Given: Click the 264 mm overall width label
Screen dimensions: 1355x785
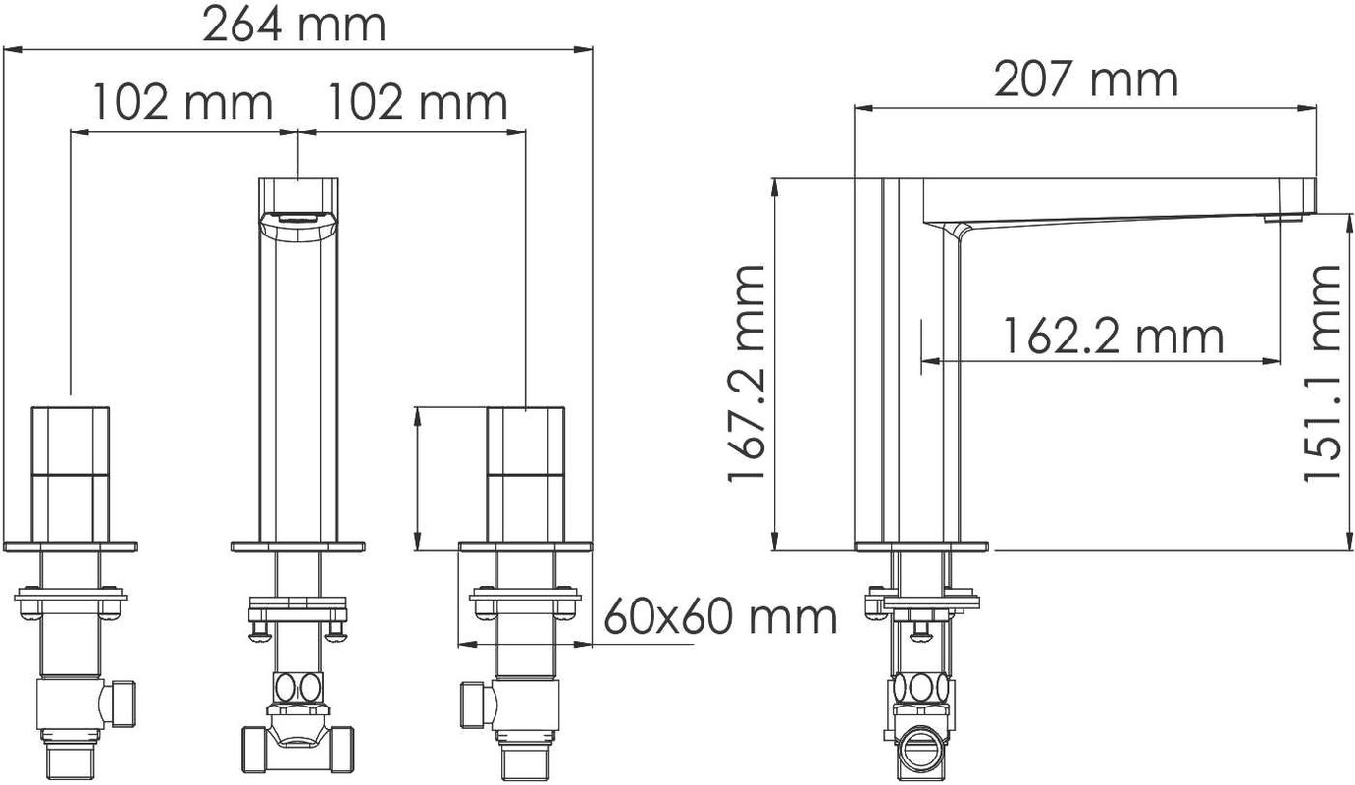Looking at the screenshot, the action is click(x=294, y=25).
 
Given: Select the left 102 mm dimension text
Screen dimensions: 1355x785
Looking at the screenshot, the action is click(x=183, y=103).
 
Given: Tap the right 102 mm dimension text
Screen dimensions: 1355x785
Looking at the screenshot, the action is click(x=417, y=103).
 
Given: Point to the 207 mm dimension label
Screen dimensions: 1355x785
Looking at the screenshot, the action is click(x=1086, y=79).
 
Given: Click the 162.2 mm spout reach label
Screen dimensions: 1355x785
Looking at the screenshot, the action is click(x=1114, y=337).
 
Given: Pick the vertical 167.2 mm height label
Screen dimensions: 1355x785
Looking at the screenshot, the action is click(x=746, y=373).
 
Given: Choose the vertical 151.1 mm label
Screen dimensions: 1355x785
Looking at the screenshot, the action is click(x=1322, y=373).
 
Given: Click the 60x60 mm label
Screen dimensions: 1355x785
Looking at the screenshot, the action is click(x=720, y=616).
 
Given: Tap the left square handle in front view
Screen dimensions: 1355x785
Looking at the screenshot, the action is click(x=71, y=474).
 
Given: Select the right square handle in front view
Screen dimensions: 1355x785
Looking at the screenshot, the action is click(x=526, y=474).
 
